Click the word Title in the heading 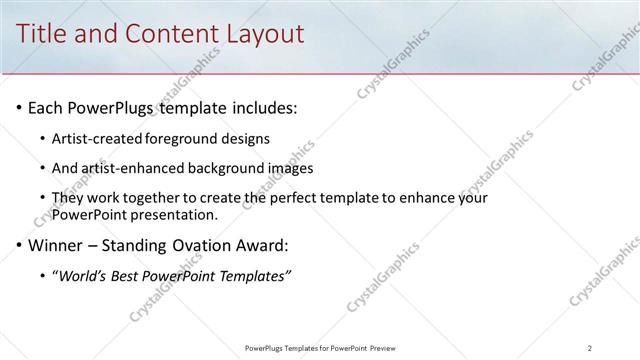pos(46,33)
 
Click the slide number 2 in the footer pos(590,348)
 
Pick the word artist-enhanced pos(127,168)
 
